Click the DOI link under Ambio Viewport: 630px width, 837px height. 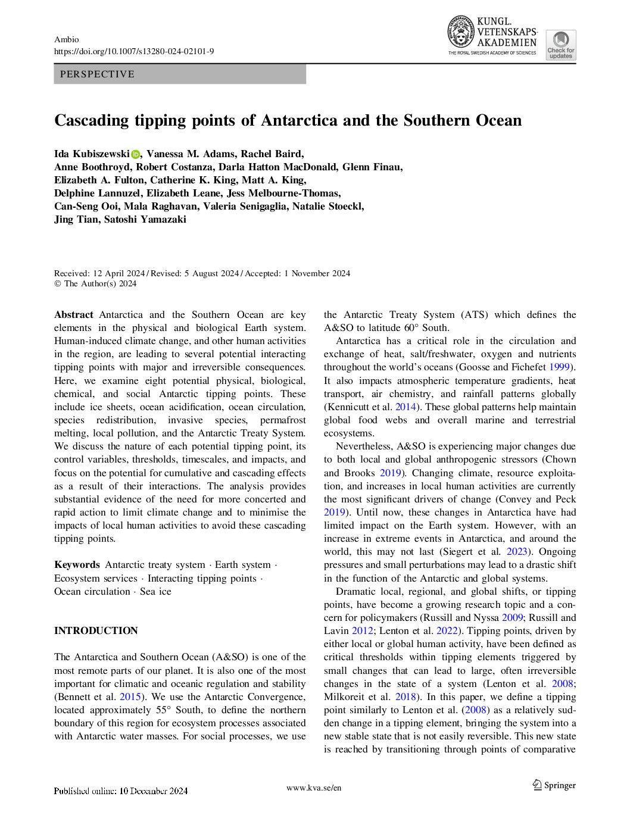[x=134, y=52]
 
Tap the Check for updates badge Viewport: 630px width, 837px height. [x=560, y=45]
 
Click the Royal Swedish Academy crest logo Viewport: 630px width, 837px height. [x=460, y=32]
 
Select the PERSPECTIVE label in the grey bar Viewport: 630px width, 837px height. [x=97, y=74]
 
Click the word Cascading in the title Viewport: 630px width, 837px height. [x=92, y=120]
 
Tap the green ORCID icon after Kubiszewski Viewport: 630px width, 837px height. [x=136, y=154]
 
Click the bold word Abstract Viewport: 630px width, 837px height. [x=74, y=314]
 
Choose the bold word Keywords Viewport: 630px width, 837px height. [x=77, y=564]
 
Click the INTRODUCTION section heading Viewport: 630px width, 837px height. [x=96, y=630]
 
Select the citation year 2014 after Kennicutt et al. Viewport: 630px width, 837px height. [x=406, y=407]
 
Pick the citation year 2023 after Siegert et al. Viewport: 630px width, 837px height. [x=517, y=551]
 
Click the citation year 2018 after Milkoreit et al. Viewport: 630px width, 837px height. [x=406, y=697]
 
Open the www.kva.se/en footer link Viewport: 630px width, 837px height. [x=314, y=788]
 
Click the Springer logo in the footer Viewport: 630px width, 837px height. [x=554, y=785]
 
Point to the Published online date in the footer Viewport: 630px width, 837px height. [x=121, y=791]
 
